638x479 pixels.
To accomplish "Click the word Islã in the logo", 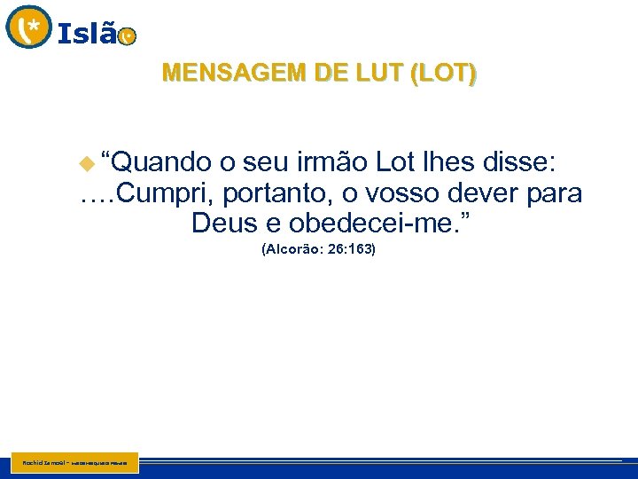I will (x=87, y=34).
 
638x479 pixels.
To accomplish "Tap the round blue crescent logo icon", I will (x=29, y=27).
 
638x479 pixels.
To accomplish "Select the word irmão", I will (x=332, y=162).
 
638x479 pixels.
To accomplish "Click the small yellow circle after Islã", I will (x=128, y=36).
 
